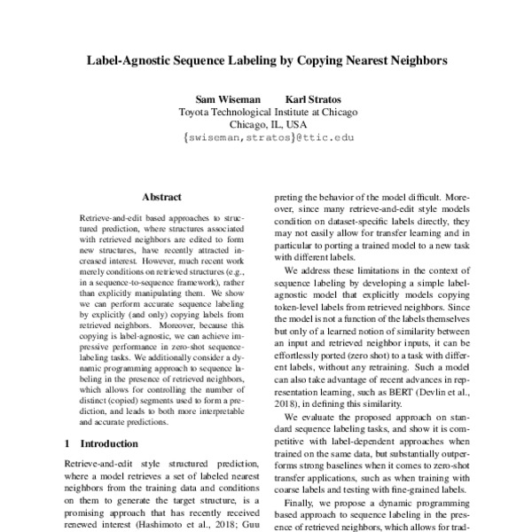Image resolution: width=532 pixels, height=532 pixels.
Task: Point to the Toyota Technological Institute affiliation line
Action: [267, 113]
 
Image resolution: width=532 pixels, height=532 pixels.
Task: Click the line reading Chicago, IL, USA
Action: [267, 125]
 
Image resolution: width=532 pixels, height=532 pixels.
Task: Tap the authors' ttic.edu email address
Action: [267, 138]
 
